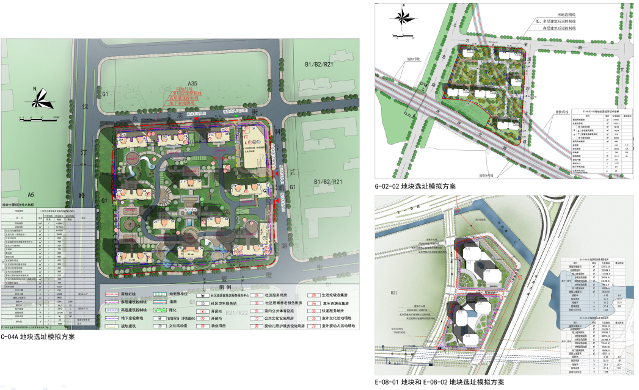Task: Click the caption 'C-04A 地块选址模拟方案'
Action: (x=38, y=336)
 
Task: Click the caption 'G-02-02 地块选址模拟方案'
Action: (x=415, y=187)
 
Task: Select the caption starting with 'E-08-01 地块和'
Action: (x=440, y=382)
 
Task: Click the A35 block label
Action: (x=192, y=83)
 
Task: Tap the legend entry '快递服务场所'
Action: (x=334, y=310)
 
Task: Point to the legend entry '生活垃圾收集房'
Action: (x=337, y=294)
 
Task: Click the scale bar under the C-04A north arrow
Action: (x=38, y=115)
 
